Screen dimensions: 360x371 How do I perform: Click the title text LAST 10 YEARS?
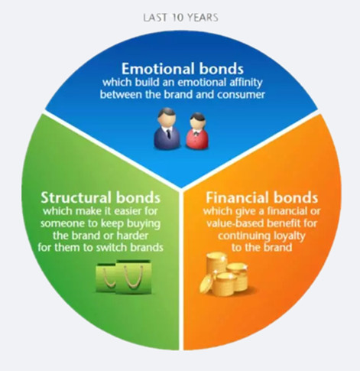(x=180, y=18)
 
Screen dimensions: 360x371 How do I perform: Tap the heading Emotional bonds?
(x=183, y=69)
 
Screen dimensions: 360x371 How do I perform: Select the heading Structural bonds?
(x=101, y=197)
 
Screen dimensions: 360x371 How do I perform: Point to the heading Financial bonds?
(x=262, y=197)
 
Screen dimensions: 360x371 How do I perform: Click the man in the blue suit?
(x=167, y=129)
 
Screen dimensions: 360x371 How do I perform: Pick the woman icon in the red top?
(x=196, y=131)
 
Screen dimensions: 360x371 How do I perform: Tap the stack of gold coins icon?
(x=224, y=274)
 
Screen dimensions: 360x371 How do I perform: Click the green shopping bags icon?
(x=124, y=277)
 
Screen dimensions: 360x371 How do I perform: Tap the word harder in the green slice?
(x=132, y=236)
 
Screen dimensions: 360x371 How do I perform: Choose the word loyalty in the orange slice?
(x=290, y=236)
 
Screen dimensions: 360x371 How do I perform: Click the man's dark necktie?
(x=168, y=133)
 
